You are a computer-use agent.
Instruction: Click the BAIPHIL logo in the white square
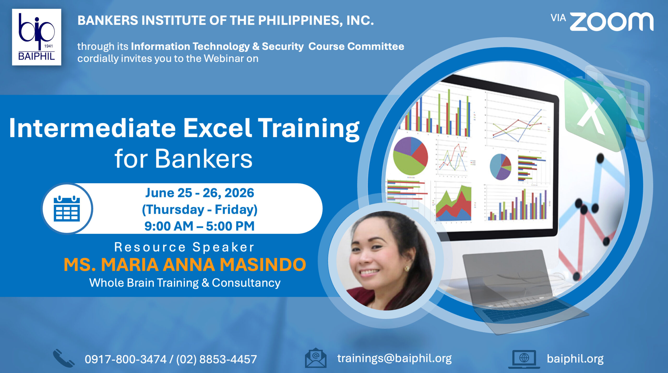37,37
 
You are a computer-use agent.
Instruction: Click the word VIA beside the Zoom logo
558,18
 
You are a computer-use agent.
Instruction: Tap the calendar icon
67,209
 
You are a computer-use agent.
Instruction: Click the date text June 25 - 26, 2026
200,193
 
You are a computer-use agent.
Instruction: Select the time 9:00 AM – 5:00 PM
200,226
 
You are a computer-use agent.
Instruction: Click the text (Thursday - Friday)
200,210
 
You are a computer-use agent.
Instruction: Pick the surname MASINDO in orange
263,265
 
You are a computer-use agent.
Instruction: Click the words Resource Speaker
184,247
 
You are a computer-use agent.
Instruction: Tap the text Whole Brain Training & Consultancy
185,283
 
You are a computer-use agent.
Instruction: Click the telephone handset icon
64,358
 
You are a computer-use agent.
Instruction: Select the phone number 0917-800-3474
126,359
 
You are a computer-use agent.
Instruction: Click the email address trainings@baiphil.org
394,358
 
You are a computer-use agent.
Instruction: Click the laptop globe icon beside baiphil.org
524,359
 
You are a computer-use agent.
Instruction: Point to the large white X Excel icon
591,115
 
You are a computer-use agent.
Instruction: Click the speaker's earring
406,268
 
